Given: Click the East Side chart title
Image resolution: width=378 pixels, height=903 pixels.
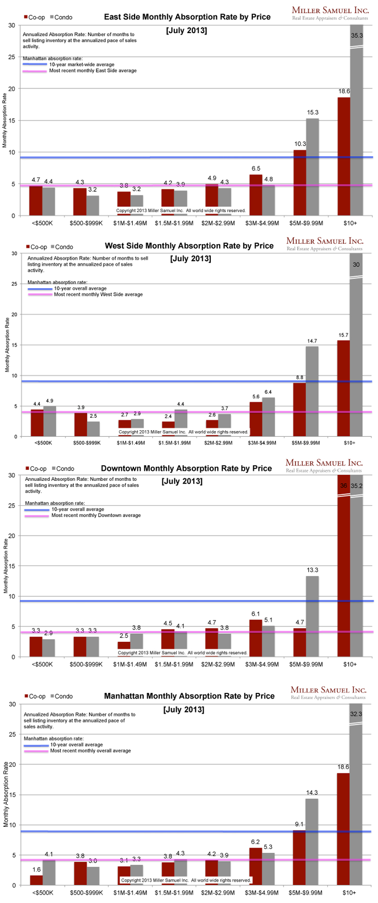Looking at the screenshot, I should (187, 17).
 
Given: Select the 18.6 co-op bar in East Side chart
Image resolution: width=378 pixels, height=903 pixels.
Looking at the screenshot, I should (344, 156).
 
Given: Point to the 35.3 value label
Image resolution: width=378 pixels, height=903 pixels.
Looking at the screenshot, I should (357, 35).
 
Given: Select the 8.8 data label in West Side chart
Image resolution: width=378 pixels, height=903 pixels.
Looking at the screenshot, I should (300, 378).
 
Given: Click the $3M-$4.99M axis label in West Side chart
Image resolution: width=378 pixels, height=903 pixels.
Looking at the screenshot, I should (262, 443).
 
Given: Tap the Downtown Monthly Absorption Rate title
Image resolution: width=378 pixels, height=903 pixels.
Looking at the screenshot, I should (186, 469).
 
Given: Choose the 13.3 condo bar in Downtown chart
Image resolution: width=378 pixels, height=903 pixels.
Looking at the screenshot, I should (312, 616).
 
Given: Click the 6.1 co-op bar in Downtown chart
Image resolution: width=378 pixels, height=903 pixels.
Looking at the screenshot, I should (256, 638).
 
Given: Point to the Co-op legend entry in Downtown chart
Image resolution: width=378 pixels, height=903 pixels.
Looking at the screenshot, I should (35, 469).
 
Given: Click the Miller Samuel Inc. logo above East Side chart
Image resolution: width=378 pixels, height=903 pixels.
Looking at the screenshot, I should (330, 13).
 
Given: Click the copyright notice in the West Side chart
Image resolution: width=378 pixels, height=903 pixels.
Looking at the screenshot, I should (183, 432).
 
